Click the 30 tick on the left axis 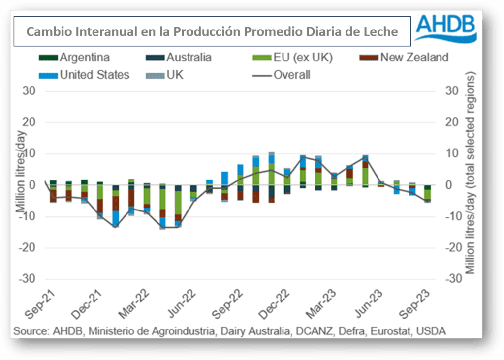[x=28, y=91]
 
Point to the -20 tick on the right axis [x=453, y=248]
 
